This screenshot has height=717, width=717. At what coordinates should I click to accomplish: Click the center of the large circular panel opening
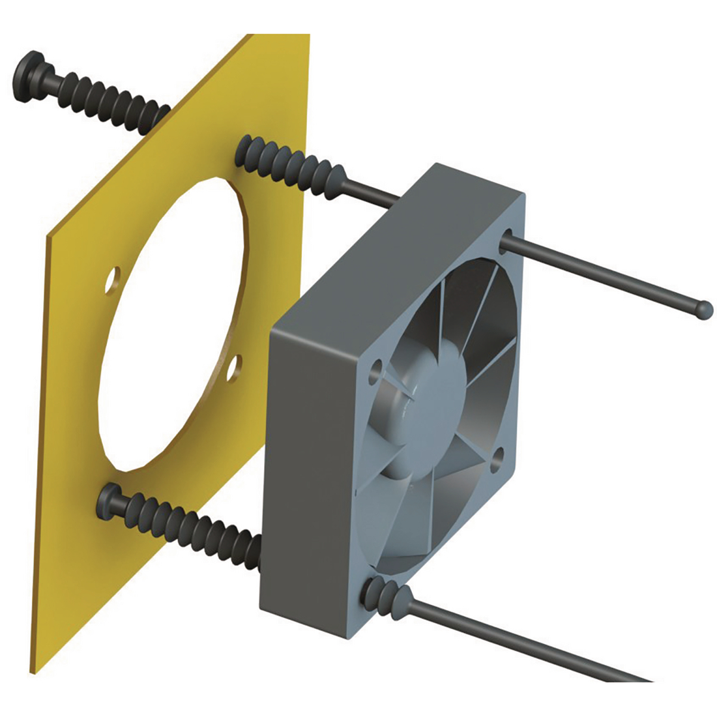coord(173,326)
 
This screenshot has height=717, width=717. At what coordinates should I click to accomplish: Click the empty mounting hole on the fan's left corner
coord(377,370)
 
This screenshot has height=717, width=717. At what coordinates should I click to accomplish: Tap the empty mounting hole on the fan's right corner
coord(499,456)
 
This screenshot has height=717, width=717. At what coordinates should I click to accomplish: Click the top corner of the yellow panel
coord(308,34)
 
